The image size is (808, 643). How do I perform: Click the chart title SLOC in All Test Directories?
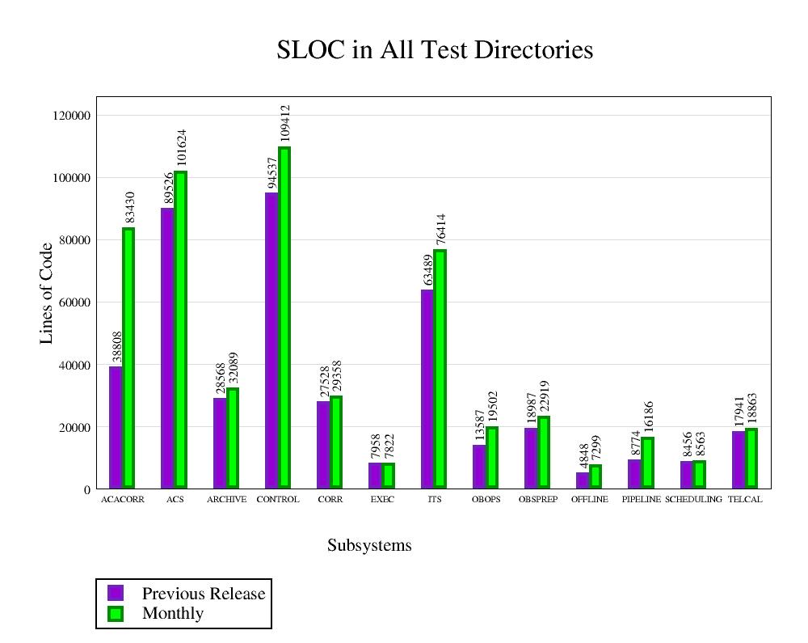pyautogui.click(x=435, y=50)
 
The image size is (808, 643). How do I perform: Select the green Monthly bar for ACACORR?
pyautogui.click(x=128, y=357)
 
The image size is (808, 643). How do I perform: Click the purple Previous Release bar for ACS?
pyautogui.click(x=167, y=348)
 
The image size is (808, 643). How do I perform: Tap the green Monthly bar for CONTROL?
pyautogui.click(x=284, y=317)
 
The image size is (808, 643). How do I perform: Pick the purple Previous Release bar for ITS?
pyautogui.click(x=427, y=388)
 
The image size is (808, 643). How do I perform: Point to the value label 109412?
pyautogui.click(x=284, y=124)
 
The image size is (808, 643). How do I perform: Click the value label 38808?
pyautogui.click(x=117, y=346)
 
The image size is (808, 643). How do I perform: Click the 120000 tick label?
pyautogui.click(x=70, y=116)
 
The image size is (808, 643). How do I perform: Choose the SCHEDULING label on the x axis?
pyautogui.click(x=693, y=500)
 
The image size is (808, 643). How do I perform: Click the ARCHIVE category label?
pyautogui.click(x=226, y=500)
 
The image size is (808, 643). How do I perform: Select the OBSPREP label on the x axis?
pyautogui.click(x=538, y=500)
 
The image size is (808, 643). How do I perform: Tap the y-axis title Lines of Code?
pyautogui.click(x=47, y=293)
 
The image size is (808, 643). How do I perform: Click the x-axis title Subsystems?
pyautogui.click(x=369, y=546)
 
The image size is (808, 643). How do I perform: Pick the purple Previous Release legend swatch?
pyautogui.click(x=116, y=593)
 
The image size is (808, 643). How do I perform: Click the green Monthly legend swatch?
pyautogui.click(x=116, y=614)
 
